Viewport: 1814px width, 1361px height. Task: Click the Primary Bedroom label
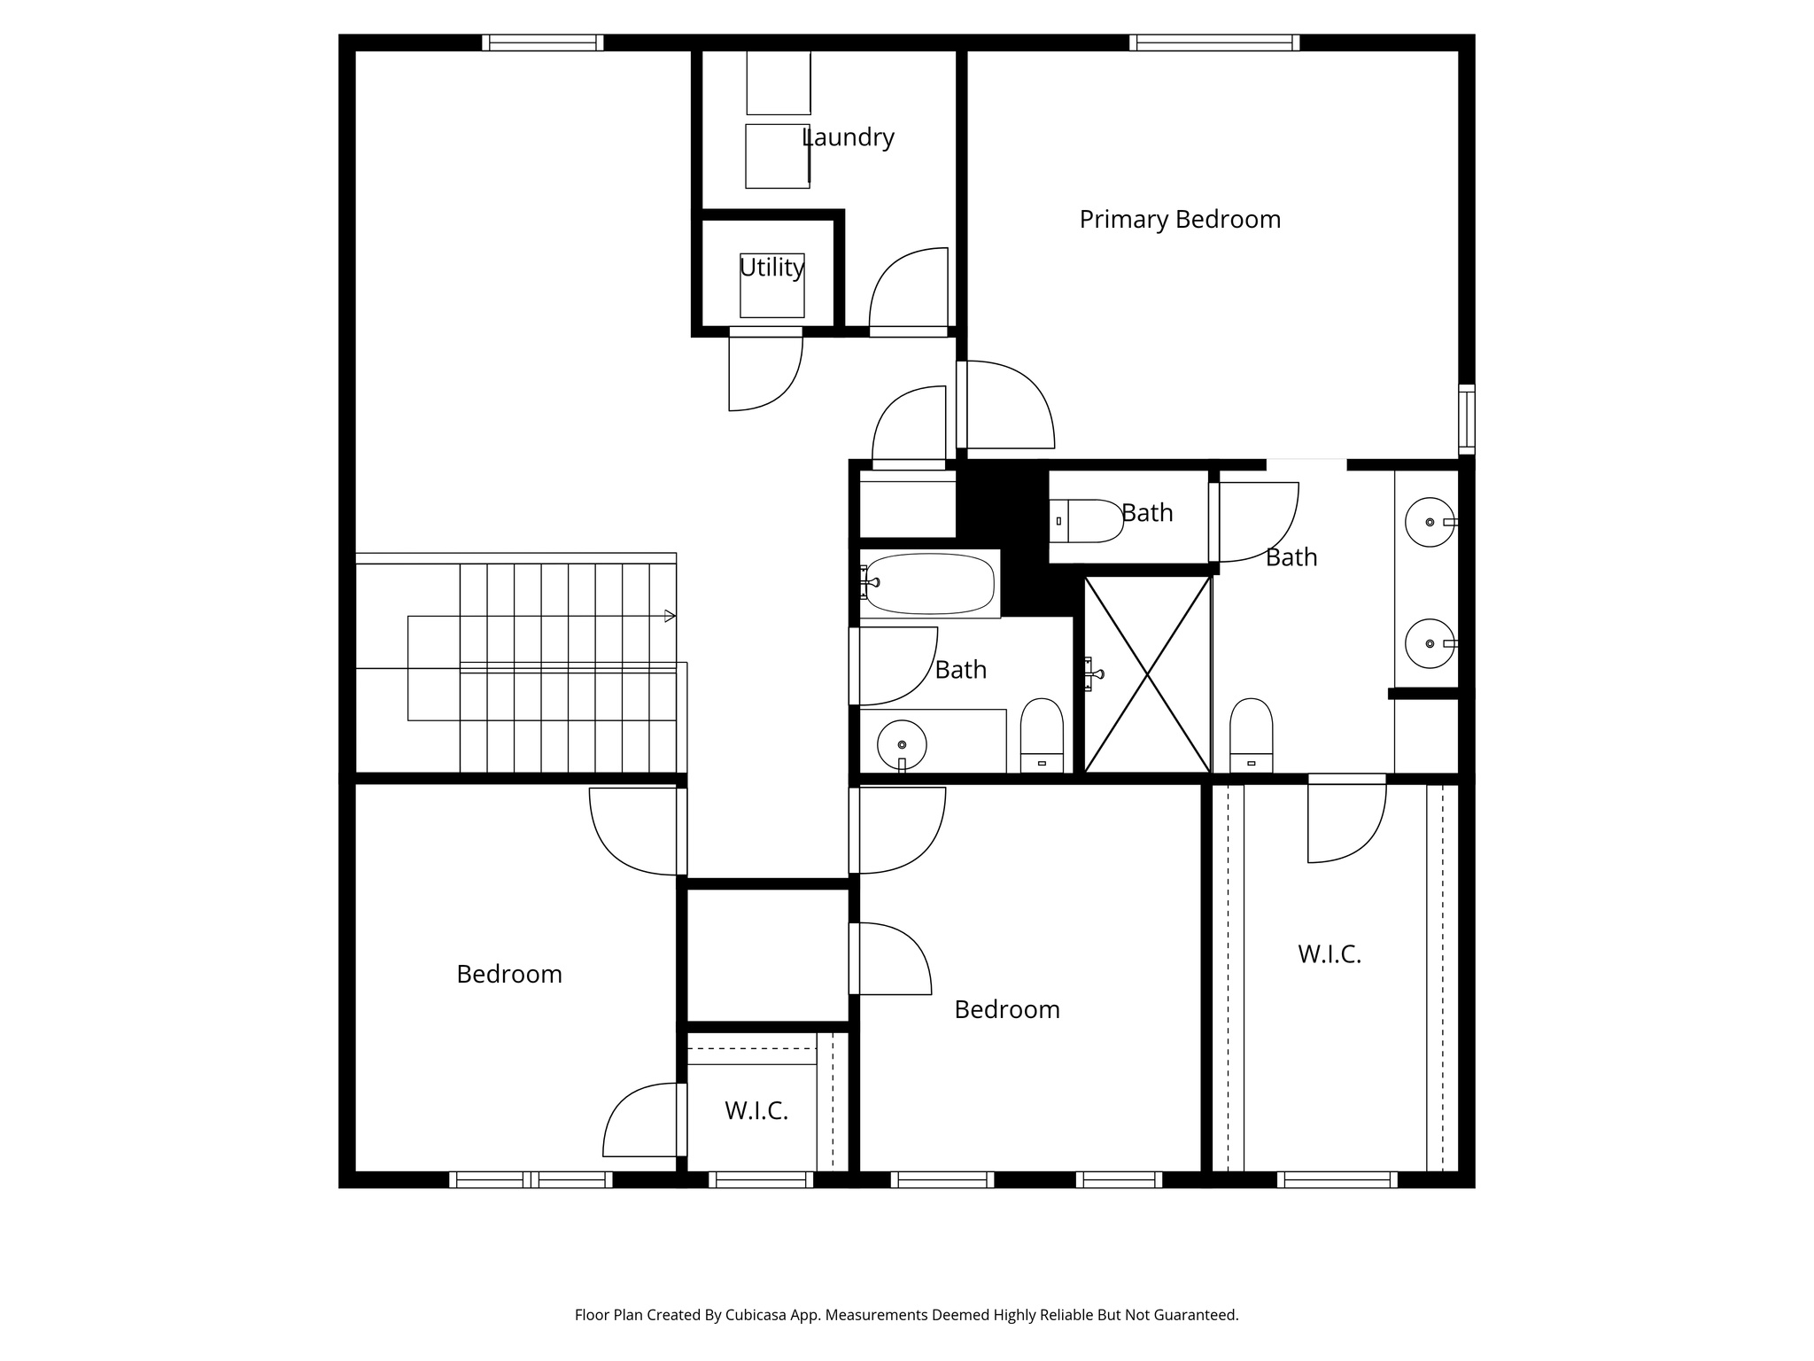coord(1180,220)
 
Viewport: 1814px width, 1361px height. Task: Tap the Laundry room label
coord(848,137)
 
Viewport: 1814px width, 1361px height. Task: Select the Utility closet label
coord(771,267)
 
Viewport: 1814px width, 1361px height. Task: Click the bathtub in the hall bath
coord(929,583)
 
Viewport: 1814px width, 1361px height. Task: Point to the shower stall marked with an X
coord(1147,675)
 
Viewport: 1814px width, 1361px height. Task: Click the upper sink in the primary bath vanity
coord(1430,522)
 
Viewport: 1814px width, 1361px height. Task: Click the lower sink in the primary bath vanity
coord(1430,643)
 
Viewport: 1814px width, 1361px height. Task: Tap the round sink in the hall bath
coord(902,744)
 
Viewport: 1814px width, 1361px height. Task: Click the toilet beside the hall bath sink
coord(1042,735)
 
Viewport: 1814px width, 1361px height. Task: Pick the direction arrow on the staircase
coord(670,616)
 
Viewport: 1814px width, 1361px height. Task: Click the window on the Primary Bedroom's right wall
coord(1467,419)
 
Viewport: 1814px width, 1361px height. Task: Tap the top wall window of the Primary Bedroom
coord(1214,43)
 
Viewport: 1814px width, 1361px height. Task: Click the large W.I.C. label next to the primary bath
coord(1329,954)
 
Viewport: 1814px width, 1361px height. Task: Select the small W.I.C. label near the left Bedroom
coord(756,1111)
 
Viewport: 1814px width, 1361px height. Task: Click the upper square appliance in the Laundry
coord(779,82)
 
